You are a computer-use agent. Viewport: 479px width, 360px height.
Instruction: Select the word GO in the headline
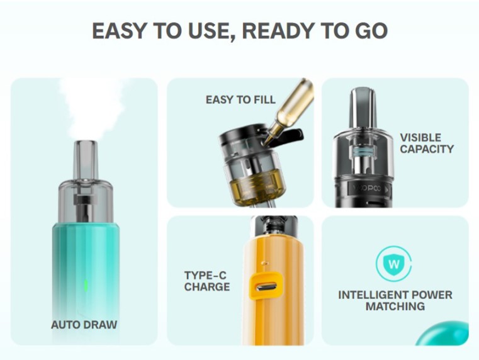[x=371, y=31]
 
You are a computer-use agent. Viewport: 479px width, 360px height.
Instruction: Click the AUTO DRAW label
[x=84, y=325]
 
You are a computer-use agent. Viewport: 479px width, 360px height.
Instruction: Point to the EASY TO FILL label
[x=240, y=99]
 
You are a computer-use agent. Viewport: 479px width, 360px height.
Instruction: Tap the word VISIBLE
[x=420, y=137]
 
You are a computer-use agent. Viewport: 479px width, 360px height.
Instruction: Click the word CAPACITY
[x=427, y=149]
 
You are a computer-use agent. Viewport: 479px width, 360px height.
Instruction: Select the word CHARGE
[x=207, y=287]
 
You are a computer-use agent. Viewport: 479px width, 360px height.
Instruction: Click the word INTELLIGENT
[x=373, y=295]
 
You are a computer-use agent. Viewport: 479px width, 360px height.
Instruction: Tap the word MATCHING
[x=395, y=307]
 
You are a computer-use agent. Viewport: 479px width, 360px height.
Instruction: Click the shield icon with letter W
[x=394, y=264]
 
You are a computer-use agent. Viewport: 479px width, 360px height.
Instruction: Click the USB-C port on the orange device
[x=266, y=287]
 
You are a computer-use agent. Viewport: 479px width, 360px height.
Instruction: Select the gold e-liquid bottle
[x=290, y=111]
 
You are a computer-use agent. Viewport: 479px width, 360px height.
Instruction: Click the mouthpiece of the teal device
[x=86, y=160]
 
